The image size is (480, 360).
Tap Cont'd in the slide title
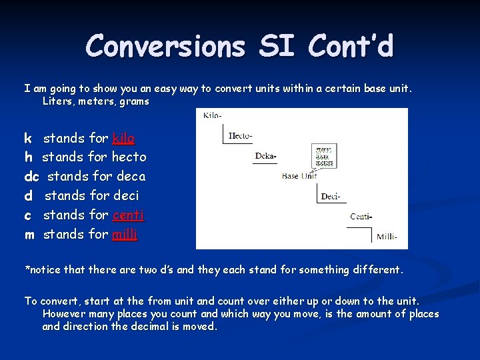tap(351, 47)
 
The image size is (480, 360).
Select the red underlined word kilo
tap(123, 139)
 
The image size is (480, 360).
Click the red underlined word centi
tap(128, 215)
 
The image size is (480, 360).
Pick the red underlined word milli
tap(125, 235)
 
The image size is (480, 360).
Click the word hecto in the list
tap(129, 157)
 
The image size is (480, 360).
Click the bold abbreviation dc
tap(32, 177)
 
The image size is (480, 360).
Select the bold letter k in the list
tap(28, 139)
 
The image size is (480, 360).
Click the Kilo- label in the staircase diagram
tap(212, 115)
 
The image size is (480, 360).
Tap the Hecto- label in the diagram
tap(240, 136)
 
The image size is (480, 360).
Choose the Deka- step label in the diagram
tap(265, 157)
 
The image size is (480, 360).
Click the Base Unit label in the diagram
tap(299, 176)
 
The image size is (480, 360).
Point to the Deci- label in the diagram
tap(331, 196)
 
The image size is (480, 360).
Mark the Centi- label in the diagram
tap(361, 216)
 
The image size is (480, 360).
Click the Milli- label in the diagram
tap(387, 236)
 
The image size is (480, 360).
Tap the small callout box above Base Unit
tap(324, 156)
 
